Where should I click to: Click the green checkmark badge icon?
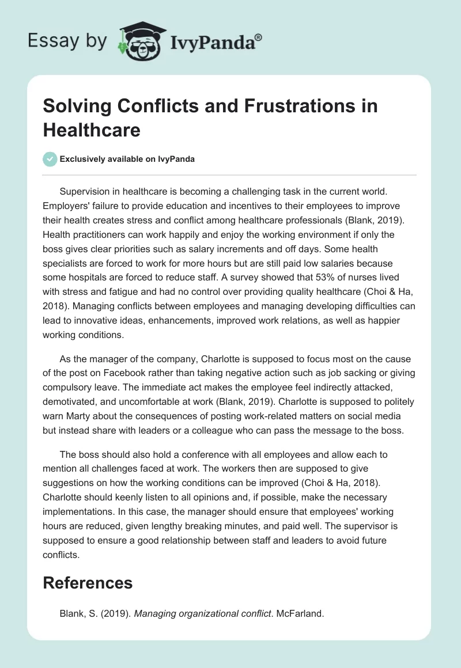[50, 159]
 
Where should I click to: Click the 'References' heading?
[88, 583]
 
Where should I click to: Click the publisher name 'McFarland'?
[299, 614]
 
